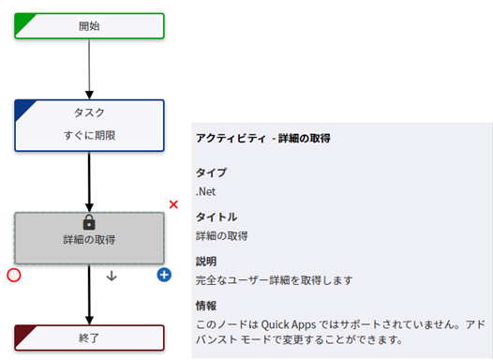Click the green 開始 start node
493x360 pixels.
pos(89,25)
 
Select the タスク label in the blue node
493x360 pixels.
pos(89,112)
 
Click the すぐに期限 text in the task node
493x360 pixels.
pos(89,135)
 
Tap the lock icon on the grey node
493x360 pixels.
pos(90,222)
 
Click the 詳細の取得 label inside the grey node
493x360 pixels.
pos(90,240)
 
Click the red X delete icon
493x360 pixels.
pos(173,203)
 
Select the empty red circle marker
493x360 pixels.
pos(13,276)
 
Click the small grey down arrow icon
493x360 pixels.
pos(112,276)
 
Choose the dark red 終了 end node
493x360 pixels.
pos(89,336)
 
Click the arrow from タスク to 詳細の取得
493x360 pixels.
pos(89,182)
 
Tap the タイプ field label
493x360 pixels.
pos(211,172)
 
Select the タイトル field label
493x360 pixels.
pos(216,217)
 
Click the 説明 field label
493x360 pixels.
pos(206,261)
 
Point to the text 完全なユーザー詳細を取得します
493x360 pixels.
pos(275,279)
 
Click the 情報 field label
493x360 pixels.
pos(206,306)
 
